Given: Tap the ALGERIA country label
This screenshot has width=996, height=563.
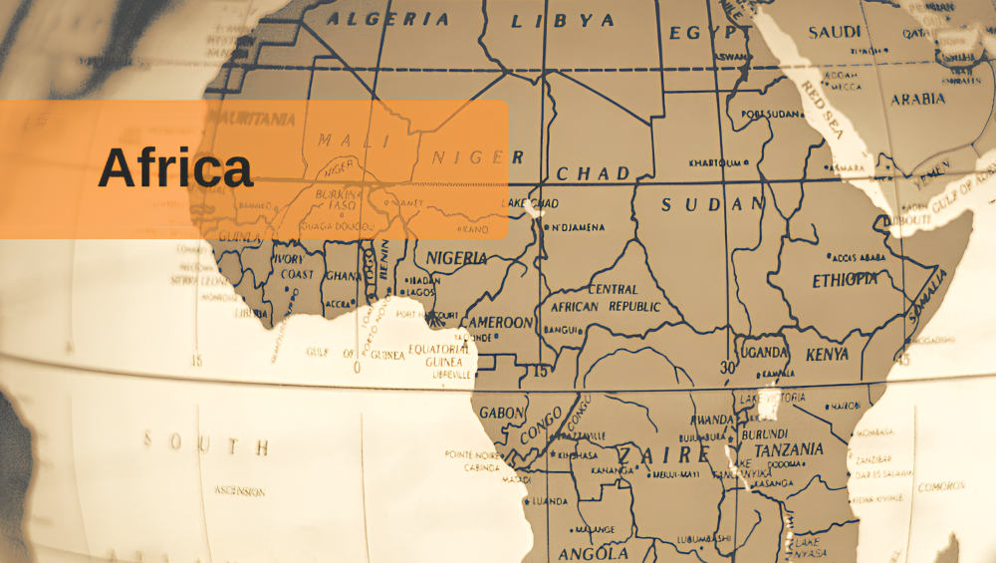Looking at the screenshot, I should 388,18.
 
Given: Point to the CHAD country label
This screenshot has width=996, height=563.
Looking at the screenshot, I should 594,173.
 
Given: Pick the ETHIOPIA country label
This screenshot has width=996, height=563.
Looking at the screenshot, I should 845,280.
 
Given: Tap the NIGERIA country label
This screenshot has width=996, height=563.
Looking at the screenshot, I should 456,258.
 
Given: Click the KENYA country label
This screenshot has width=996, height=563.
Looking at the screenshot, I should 827,354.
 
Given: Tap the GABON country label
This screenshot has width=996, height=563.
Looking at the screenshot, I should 501,412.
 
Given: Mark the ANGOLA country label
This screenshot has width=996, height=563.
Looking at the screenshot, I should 593,553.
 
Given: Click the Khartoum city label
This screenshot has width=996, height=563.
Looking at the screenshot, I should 716,162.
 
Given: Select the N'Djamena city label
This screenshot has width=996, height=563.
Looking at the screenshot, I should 577,227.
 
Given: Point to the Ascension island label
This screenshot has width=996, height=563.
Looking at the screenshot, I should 240,491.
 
